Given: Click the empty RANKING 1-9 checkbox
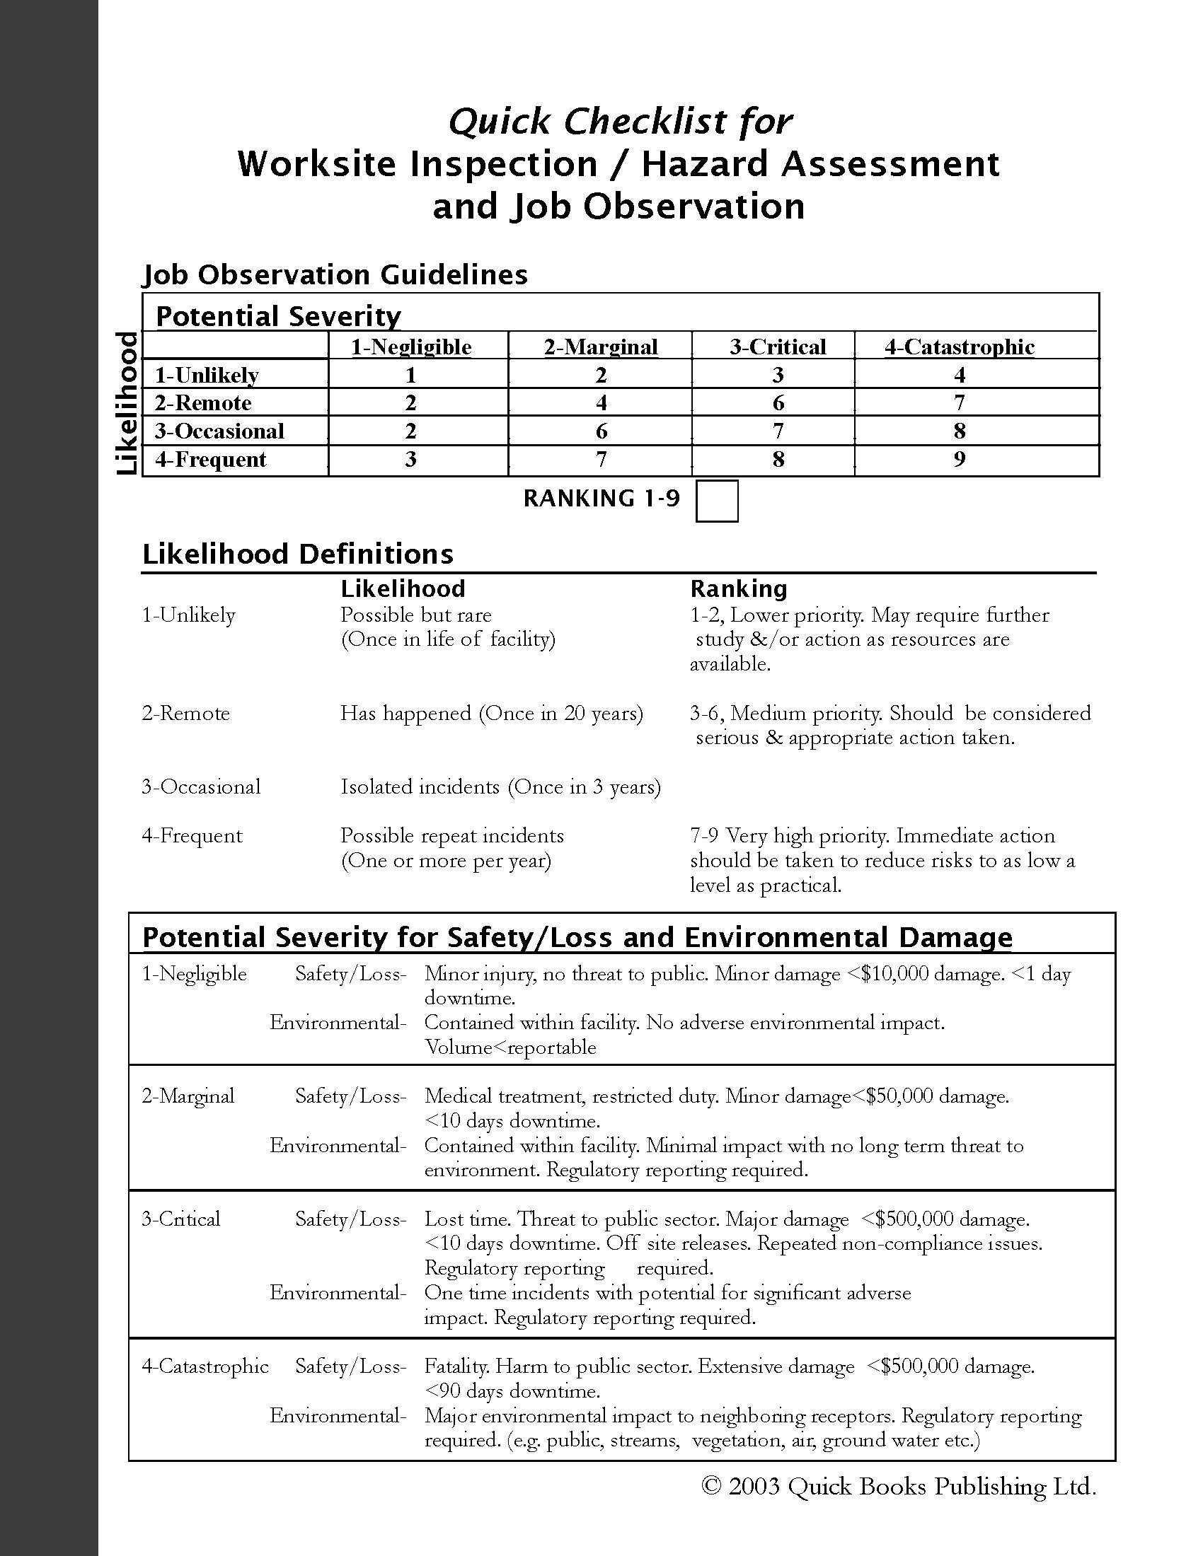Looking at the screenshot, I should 716,501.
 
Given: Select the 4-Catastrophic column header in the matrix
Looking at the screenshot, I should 960,347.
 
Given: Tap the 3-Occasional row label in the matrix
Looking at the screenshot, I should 219,431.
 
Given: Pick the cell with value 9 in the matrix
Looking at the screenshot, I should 960,460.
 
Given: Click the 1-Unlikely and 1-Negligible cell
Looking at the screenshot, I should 410,375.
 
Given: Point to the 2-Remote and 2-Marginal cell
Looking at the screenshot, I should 601,403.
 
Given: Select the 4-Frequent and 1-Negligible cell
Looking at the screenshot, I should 410,460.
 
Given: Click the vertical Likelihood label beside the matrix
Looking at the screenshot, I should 127,403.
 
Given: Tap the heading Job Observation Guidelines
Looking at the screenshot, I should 335,275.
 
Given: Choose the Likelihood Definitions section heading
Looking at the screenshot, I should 298,555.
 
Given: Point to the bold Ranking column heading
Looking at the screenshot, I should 738,588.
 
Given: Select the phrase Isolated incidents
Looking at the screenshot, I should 420,786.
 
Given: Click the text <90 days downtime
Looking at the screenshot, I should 512,1390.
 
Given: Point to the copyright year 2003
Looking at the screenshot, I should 756,1486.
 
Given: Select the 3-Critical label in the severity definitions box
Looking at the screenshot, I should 181,1219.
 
